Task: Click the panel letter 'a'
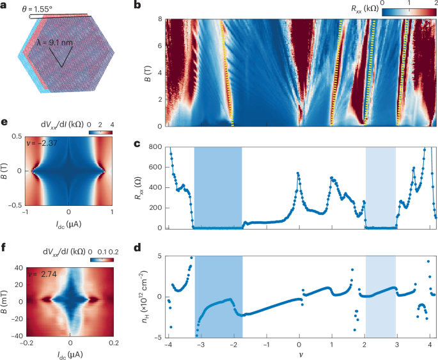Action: point(5,5)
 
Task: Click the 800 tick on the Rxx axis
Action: point(156,147)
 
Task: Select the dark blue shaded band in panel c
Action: point(218,187)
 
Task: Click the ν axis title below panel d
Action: point(299,354)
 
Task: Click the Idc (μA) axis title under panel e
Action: point(68,225)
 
